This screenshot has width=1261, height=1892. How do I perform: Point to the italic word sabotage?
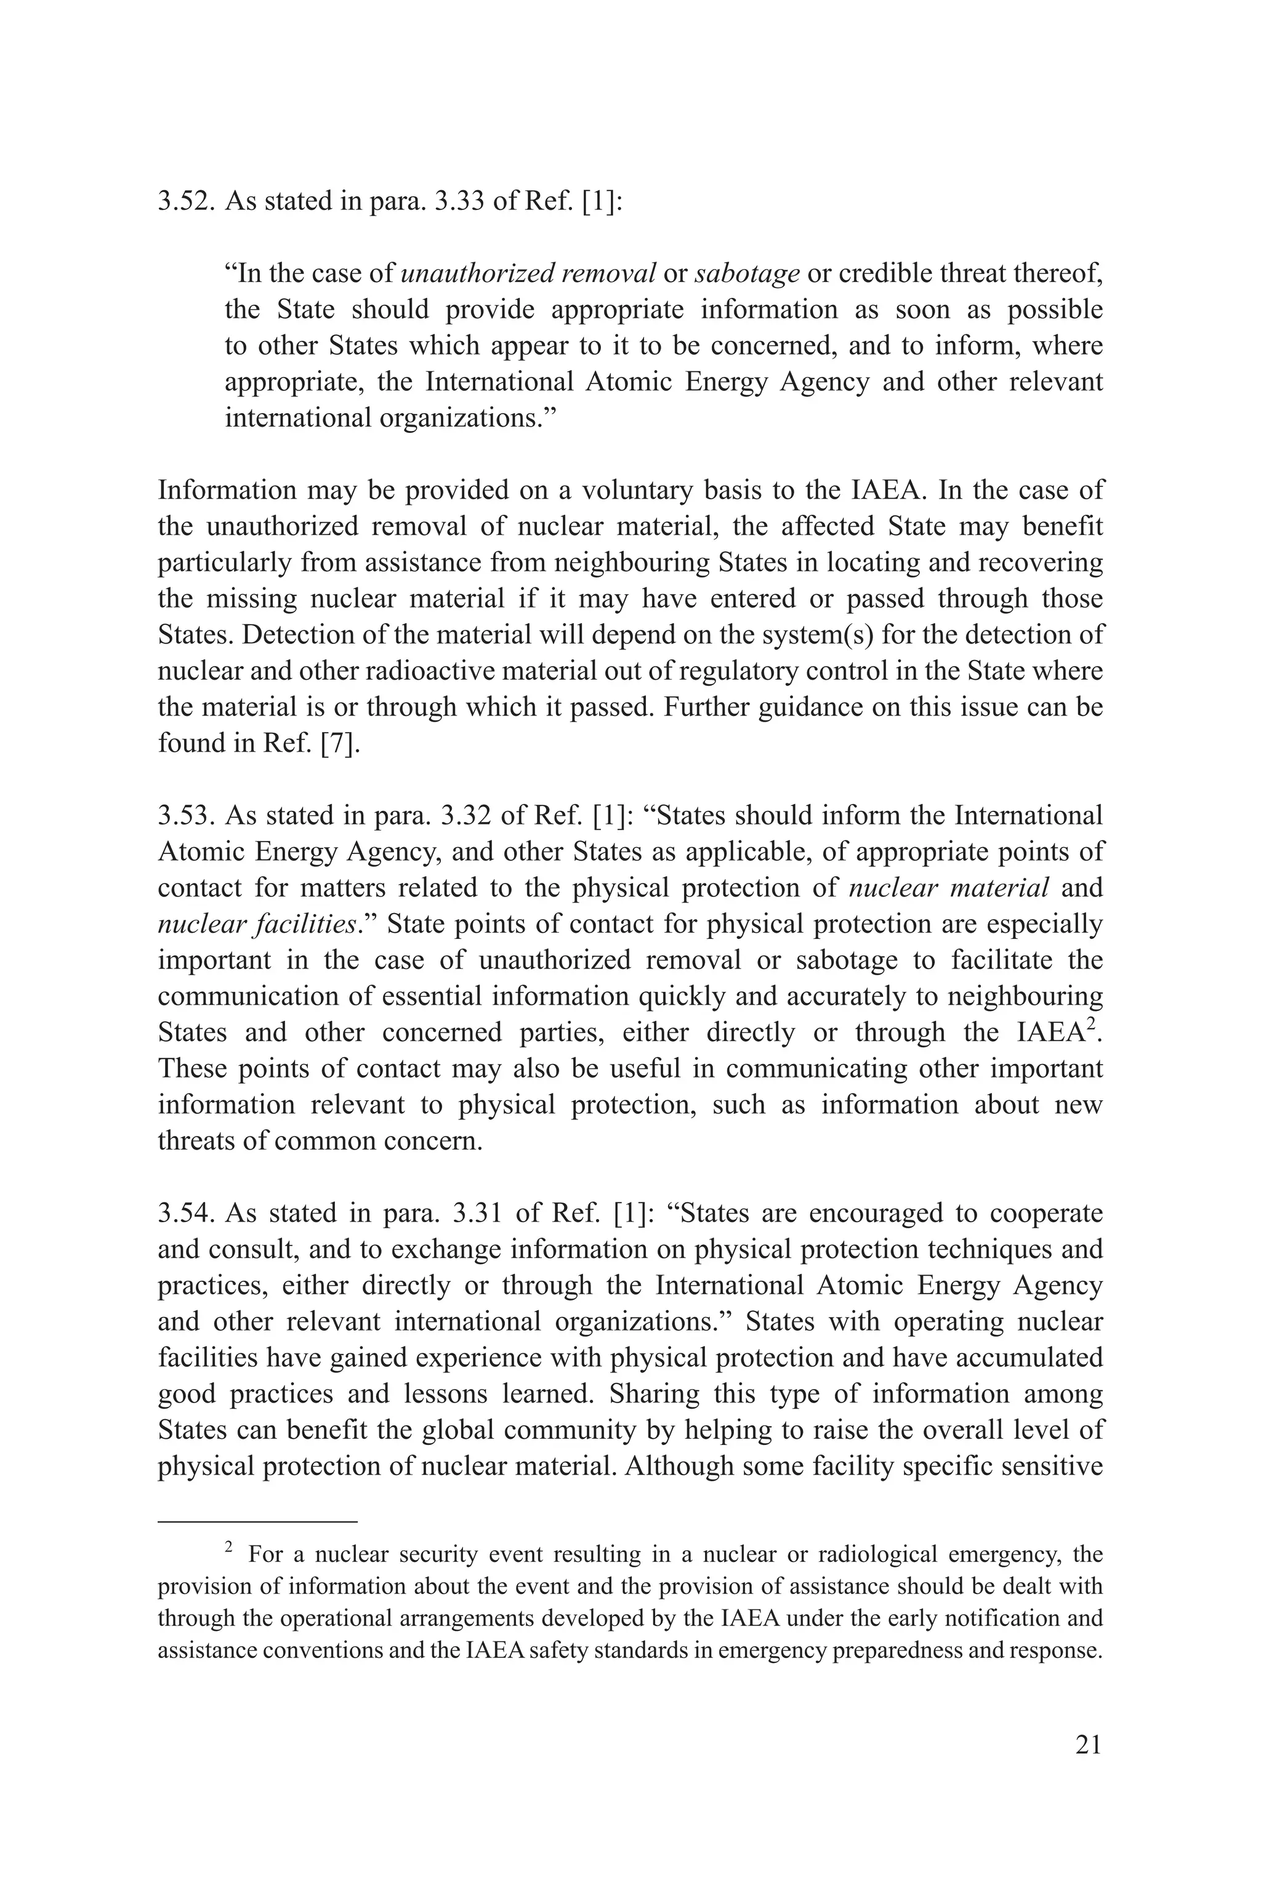pos(747,273)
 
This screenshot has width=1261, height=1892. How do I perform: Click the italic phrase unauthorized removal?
pos(528,273)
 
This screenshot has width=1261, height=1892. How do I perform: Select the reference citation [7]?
pos(339,743)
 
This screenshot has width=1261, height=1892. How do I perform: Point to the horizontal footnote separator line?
pos(257,1521)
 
